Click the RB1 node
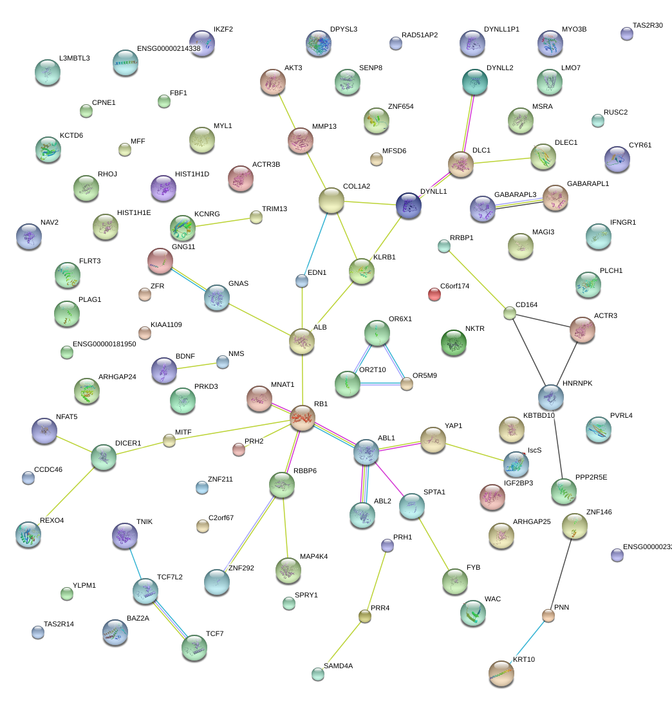(x=303, y=417)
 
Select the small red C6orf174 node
(x=434, y=294)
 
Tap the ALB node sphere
(x=302, y=340)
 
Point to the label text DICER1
(x=127, y=443)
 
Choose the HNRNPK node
(x=550, y=397)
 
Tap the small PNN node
(x=548, y=615)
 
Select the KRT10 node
(x=501, y=673)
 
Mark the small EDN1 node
(x=302, y=280)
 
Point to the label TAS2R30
(x=648, y=26)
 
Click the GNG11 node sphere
(x=160, y=260)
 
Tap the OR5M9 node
(x=406, y=384)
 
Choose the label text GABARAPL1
(x=588, y=183)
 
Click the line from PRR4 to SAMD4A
(x=342, y=645)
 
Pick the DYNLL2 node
(x=475, y=81)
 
